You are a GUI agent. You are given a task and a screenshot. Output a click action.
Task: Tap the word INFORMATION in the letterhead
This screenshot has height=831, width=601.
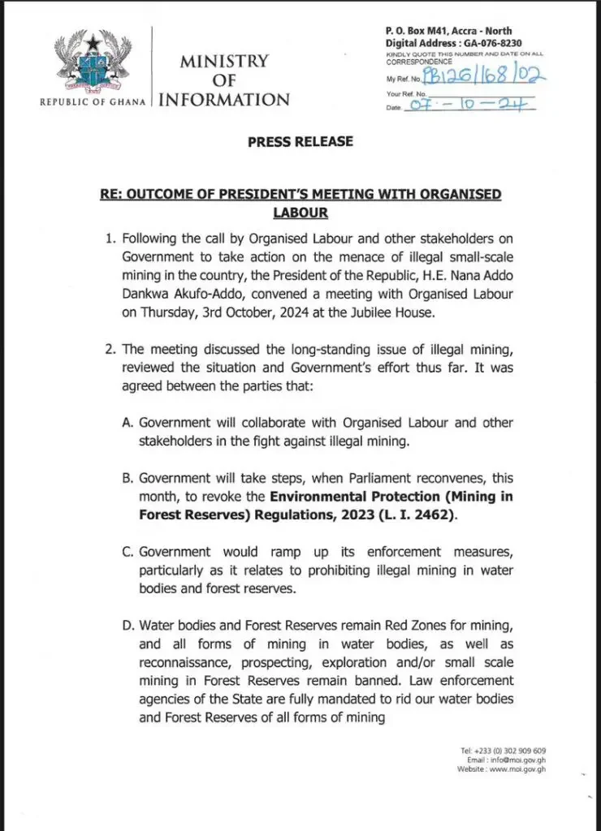pos(223,100)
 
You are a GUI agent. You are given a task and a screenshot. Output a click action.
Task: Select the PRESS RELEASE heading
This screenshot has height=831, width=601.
pos(300,141)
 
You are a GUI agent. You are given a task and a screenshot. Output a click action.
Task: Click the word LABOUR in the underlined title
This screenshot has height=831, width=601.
pos(300,213)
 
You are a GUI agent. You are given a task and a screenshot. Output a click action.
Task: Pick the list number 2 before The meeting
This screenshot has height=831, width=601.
pos(113,349)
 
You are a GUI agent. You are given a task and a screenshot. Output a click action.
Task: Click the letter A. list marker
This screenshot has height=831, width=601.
pos(127,424)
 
